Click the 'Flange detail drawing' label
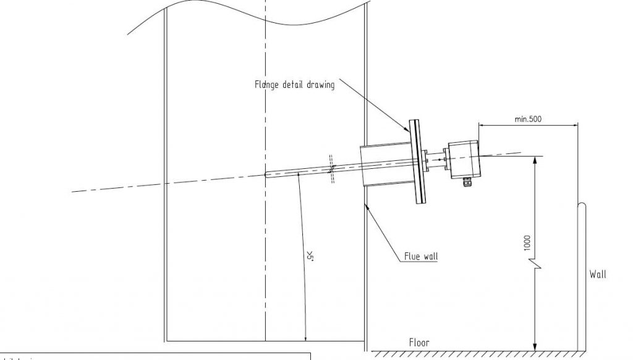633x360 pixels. point(294,85)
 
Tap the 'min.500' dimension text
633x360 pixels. point(527,119)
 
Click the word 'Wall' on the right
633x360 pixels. point(597,275)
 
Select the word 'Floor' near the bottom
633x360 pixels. point(418,342)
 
